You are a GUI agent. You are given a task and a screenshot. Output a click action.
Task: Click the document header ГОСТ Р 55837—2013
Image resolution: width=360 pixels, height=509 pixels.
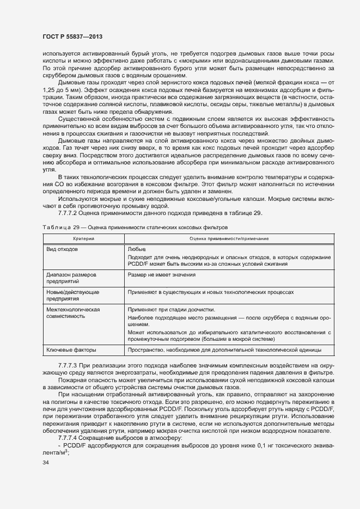point(72,36)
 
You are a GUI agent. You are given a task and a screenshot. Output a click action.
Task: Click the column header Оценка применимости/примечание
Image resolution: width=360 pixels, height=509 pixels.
point(229,238)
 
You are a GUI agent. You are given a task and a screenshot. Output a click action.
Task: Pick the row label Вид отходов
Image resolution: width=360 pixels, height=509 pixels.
point(63,249)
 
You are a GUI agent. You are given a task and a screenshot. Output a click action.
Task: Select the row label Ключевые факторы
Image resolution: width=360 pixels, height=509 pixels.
point(71,349)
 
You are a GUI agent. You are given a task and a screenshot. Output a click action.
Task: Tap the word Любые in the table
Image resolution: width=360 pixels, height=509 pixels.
point(136,249)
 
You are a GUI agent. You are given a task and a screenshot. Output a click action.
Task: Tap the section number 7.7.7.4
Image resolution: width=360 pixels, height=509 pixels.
point(69,438)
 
